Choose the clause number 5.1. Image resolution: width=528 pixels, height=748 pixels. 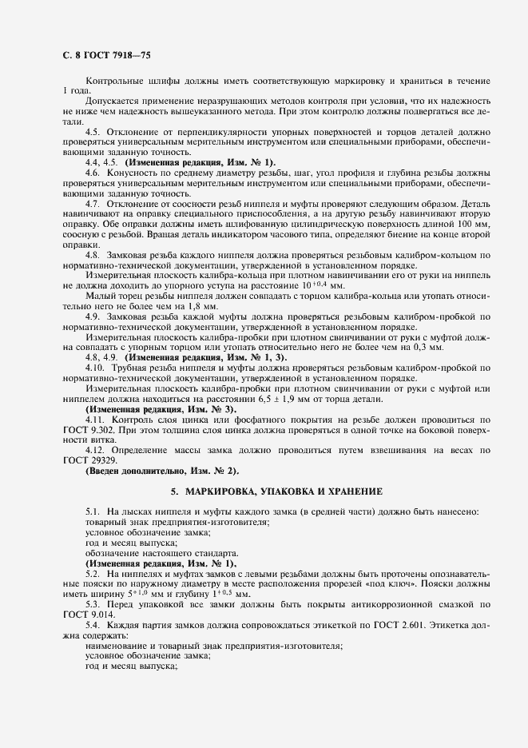pos(93,511)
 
